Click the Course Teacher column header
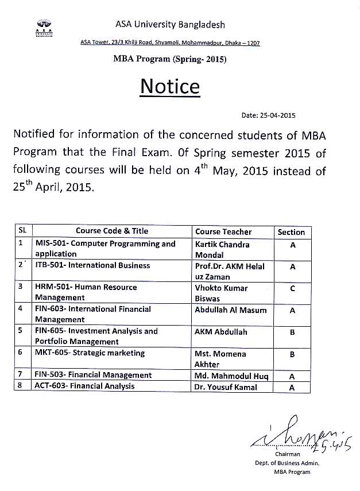click(x=223, y=232)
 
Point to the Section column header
click(x=291, y=232)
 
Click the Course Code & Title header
click(x=112, y=231)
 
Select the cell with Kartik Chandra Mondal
click(x=223, y=249)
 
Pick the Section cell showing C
click(x=292, y=288)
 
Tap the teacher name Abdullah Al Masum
click(x=231, y=310)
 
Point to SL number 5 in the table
click(x=21, y=331)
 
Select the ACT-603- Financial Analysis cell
click(x=84, y=386)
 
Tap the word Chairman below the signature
click(x=288, y=454)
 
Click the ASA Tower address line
click(x=170, y=43)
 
